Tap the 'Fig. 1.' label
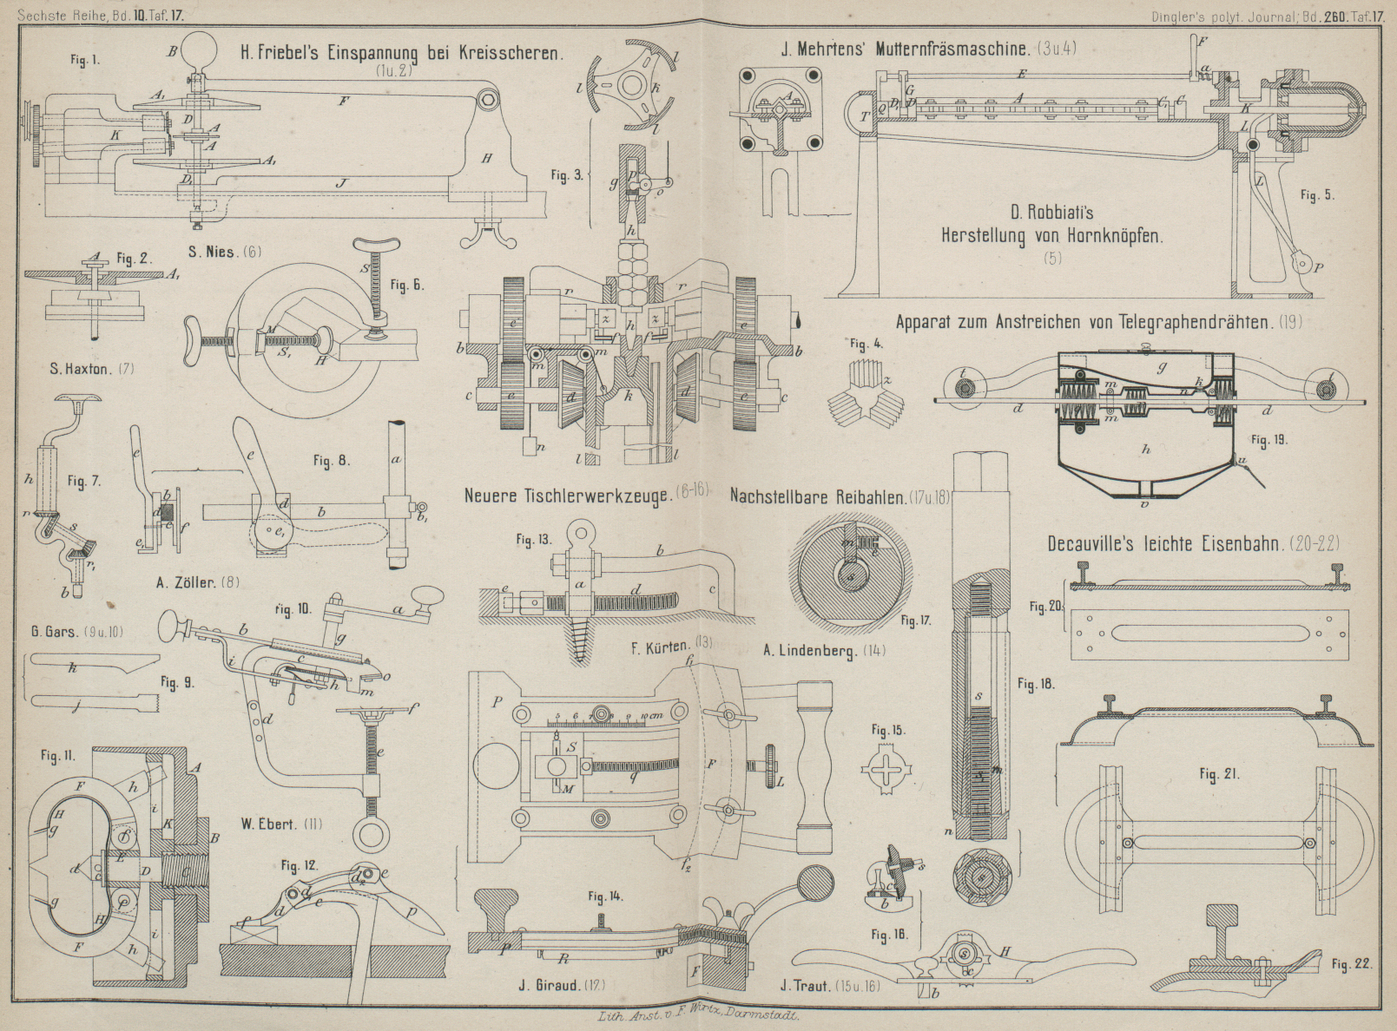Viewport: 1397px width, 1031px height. point(85,60)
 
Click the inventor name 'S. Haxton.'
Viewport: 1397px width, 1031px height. point(80,369)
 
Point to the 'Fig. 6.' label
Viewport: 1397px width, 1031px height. point(407,285)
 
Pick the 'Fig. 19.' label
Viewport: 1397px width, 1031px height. point(1269,440)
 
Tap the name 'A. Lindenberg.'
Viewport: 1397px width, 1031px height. point(807,650)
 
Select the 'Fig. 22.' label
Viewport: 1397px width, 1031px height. point(1352,964)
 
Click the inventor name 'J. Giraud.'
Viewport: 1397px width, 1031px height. point(548,984)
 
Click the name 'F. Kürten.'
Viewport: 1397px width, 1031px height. point(662,646)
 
